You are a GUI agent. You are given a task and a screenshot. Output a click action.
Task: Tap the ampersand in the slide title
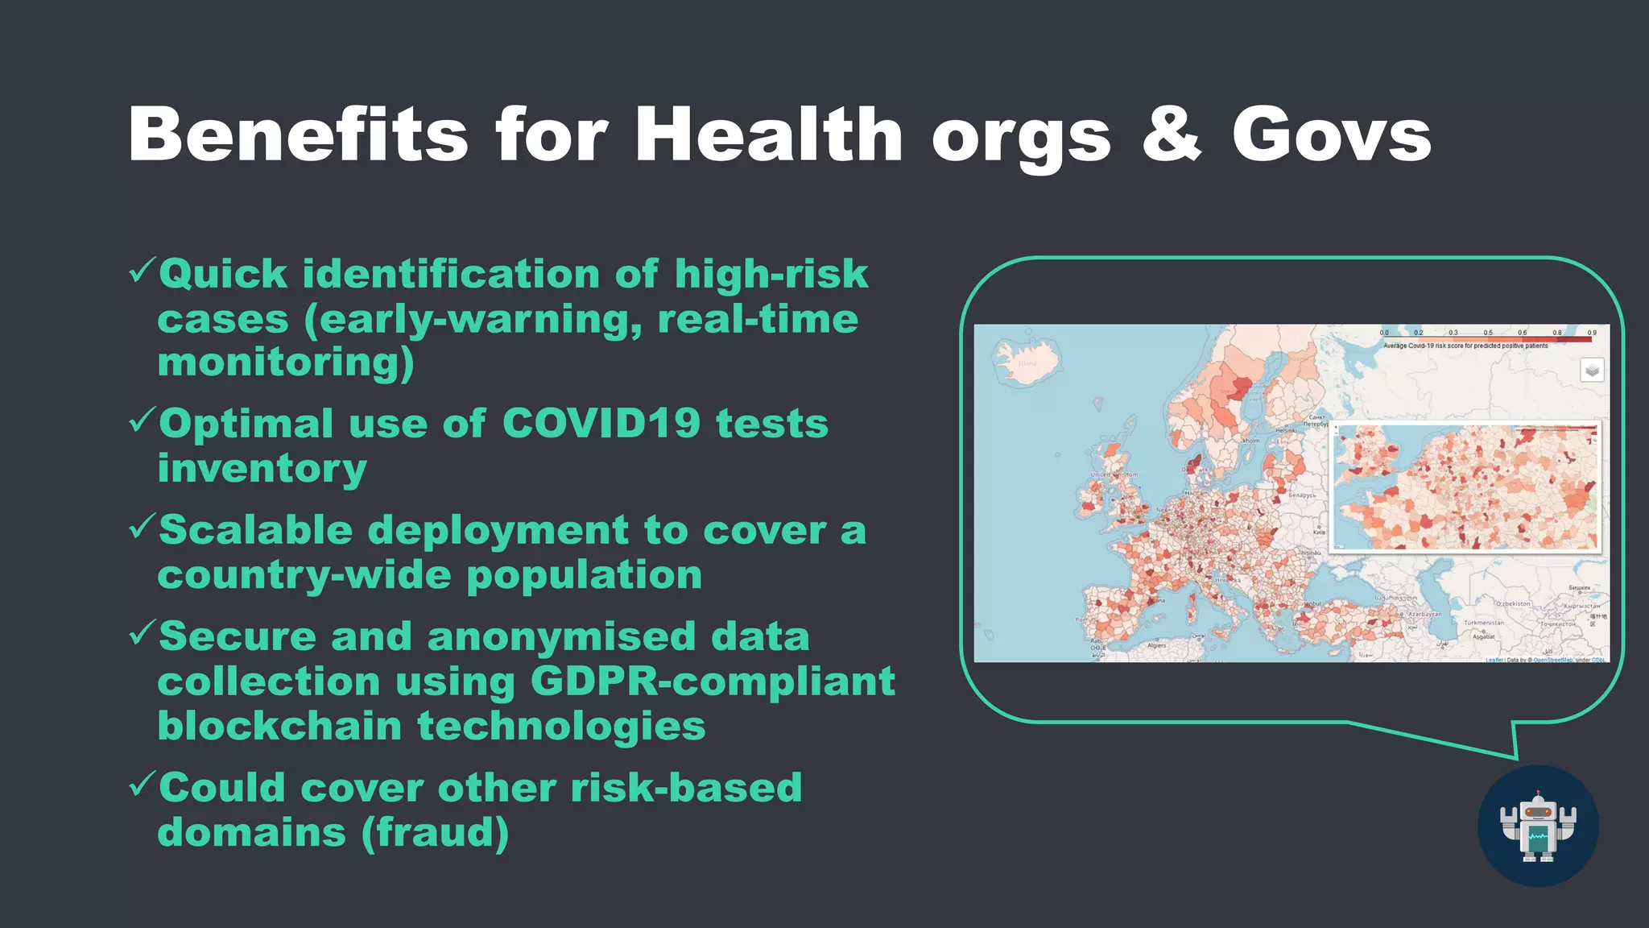[1172, 135]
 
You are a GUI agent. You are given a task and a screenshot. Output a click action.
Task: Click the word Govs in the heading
[1332, 135]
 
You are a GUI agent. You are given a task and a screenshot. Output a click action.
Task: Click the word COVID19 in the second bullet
[601, 423]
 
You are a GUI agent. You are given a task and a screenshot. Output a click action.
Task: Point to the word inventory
[262, 468]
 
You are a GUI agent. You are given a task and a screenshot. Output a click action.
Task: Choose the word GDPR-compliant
[713, 681]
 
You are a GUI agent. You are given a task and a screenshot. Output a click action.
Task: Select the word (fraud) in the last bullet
[435, 832]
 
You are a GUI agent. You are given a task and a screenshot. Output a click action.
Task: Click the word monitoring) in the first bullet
[286, 362]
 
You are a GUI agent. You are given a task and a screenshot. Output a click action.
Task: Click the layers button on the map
[1592, 371]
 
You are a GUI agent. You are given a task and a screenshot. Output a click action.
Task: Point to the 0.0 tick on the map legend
[1384, 333]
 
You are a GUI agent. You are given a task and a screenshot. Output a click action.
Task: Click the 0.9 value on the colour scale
[1592, 333]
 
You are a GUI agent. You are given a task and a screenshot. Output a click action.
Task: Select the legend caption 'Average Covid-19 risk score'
[1465, 346]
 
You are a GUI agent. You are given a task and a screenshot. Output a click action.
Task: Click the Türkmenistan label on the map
[1484, 623]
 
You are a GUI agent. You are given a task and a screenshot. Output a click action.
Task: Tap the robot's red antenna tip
[1539, 793]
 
